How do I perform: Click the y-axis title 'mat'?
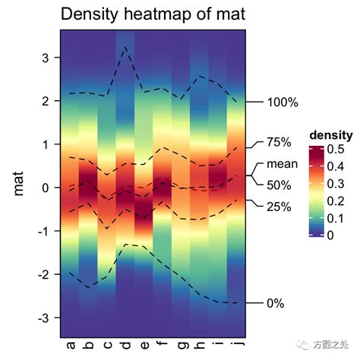pyautogui.click(x=21, y=185)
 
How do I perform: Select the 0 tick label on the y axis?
pyautogui.click(x=45, y=188)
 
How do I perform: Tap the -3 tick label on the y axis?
pyautogui.click(x=43, y=317)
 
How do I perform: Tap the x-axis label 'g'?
pyautogui.click(x=180, y=347)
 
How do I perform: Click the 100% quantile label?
pyautogui.click(x=283, y=103)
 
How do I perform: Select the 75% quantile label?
pyautogui.click(x=279, y=142)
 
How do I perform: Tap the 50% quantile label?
pyautogui.click(x=279, y=185)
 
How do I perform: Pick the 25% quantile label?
pyautogui.click(x=279, y=207)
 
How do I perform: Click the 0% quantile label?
pyautogui.click(x=276, y=303)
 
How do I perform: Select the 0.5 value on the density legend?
pyautogui.click(x=335, y=150)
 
